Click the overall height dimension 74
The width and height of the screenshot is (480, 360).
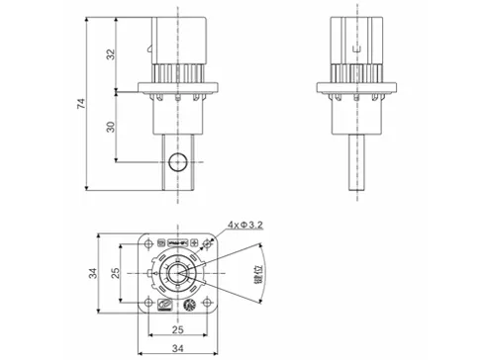[86, 103]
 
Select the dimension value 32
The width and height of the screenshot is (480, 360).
[112, 54]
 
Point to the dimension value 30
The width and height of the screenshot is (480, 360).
[112, 126]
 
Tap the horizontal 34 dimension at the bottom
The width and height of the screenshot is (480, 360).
[179, 347]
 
